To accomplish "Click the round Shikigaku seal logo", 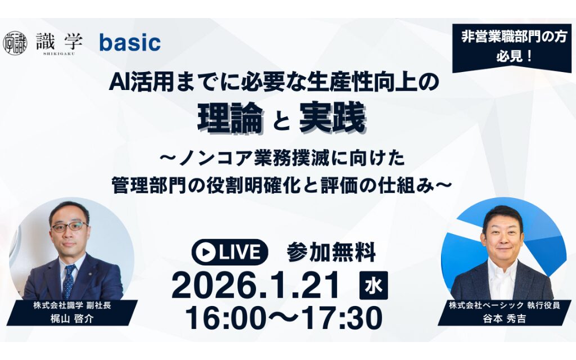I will click(x=15, y=43).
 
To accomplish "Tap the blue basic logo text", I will click(x=130, y=43).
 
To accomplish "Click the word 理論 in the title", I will click(x=231, y=118).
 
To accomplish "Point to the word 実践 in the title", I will click(x=332, y=118).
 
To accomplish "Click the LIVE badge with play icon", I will click(x=229, y=253).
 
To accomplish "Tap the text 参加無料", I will click(x=331, y=253).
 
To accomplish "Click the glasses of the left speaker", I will click(x=69, y=227).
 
